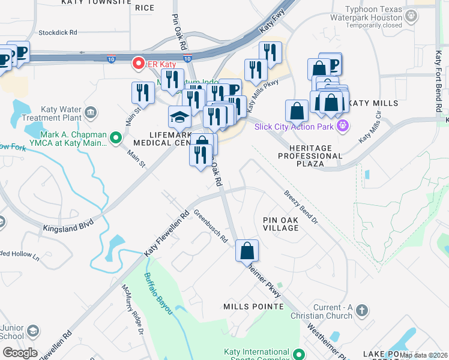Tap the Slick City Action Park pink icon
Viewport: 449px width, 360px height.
coord(343,126)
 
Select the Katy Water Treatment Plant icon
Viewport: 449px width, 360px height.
coord(91,112)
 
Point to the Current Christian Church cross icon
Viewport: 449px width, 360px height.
coord(361,310)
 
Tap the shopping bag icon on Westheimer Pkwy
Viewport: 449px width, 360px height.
coord(247,251)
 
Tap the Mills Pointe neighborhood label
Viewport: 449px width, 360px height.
coord(253,307)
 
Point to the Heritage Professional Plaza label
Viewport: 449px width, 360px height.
coord(310,155)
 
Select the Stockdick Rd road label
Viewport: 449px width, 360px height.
coord(57,32)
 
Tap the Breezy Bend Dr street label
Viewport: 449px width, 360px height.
coord(300,208)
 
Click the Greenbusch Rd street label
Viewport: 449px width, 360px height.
coord(211,226)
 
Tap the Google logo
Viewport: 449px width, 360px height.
coord(19,353)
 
